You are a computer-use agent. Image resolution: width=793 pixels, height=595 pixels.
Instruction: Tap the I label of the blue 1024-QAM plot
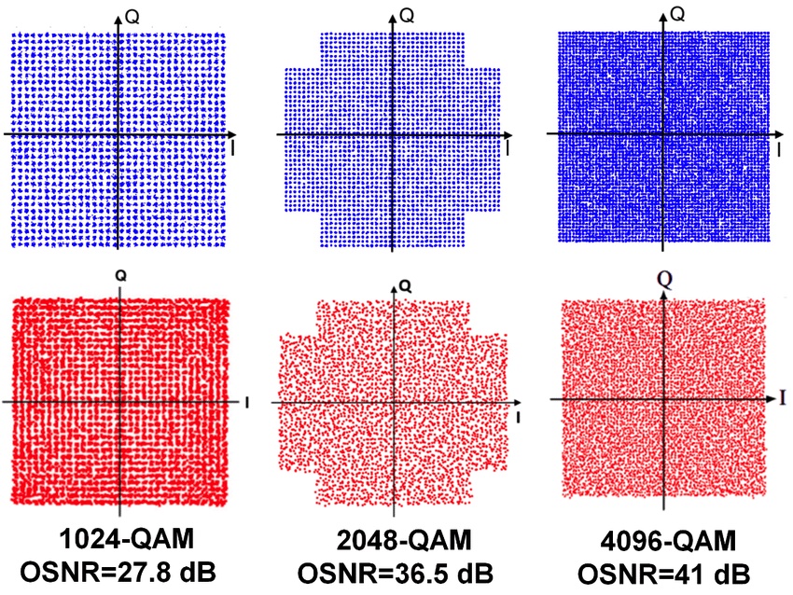point(232,147)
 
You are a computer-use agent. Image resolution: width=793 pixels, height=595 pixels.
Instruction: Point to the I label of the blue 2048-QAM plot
point(508,147)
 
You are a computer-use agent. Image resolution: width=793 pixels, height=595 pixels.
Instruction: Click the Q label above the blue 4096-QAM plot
point(679,13)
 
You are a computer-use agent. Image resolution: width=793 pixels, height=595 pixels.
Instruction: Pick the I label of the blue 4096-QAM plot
point(778,147)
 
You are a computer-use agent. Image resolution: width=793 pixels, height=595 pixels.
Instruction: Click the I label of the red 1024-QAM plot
point(245,402)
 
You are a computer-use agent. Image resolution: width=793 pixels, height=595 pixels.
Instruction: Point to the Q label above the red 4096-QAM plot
point(663,277)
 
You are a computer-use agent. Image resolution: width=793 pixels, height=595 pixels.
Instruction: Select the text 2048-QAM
point(393,542)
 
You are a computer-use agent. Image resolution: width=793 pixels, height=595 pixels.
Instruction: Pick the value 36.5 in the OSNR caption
point(424,571)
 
